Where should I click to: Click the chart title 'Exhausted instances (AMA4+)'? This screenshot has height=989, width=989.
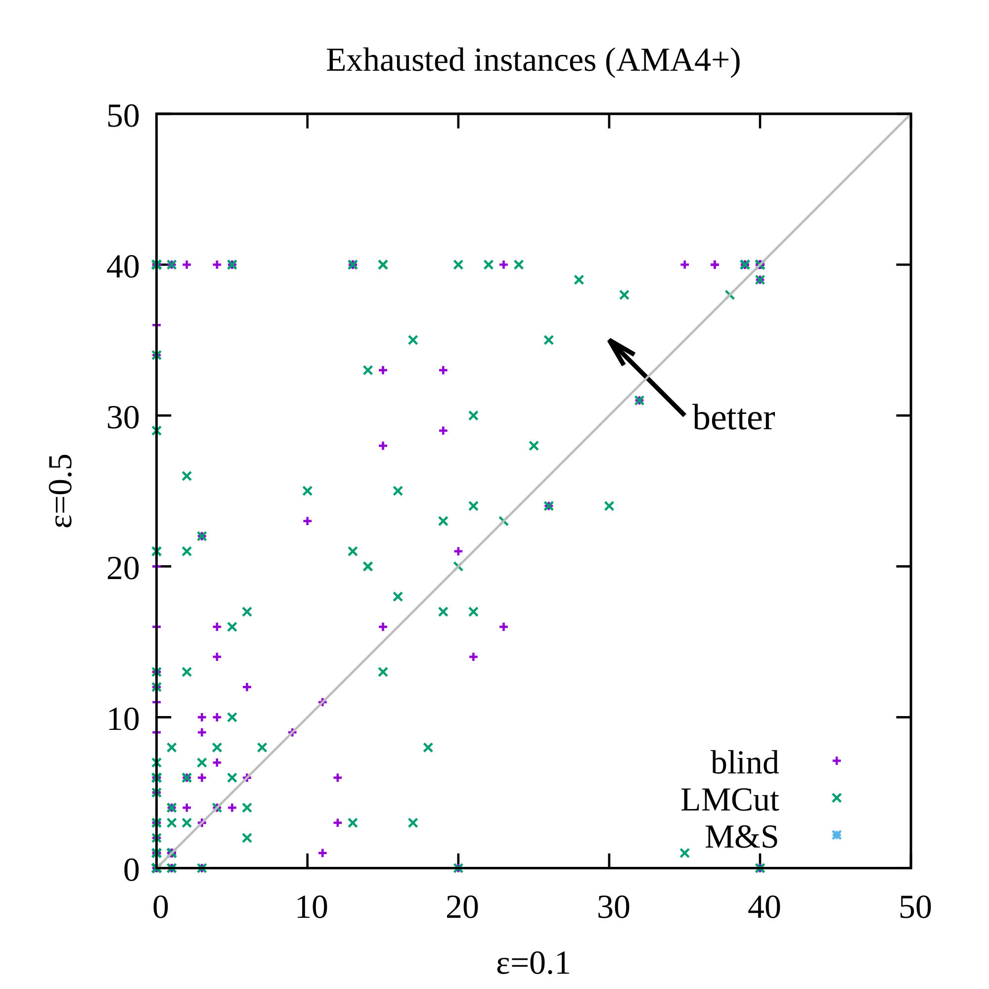point(533,60)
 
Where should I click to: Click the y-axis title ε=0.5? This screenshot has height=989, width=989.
point(62,491)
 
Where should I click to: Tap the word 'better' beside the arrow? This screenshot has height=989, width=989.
point(733,418)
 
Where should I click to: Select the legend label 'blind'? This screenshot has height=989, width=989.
point(744,762)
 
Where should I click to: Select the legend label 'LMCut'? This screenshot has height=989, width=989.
point(729,800)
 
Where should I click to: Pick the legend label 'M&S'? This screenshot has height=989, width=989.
point(741,837)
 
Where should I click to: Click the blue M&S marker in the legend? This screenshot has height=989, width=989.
point(837,835)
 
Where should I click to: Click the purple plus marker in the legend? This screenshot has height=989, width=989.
point(837,761)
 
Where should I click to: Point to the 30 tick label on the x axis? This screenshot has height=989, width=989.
point(613,907)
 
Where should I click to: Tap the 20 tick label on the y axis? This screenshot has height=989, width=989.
point(123,568)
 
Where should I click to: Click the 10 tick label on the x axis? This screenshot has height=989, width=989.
point(311,907)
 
